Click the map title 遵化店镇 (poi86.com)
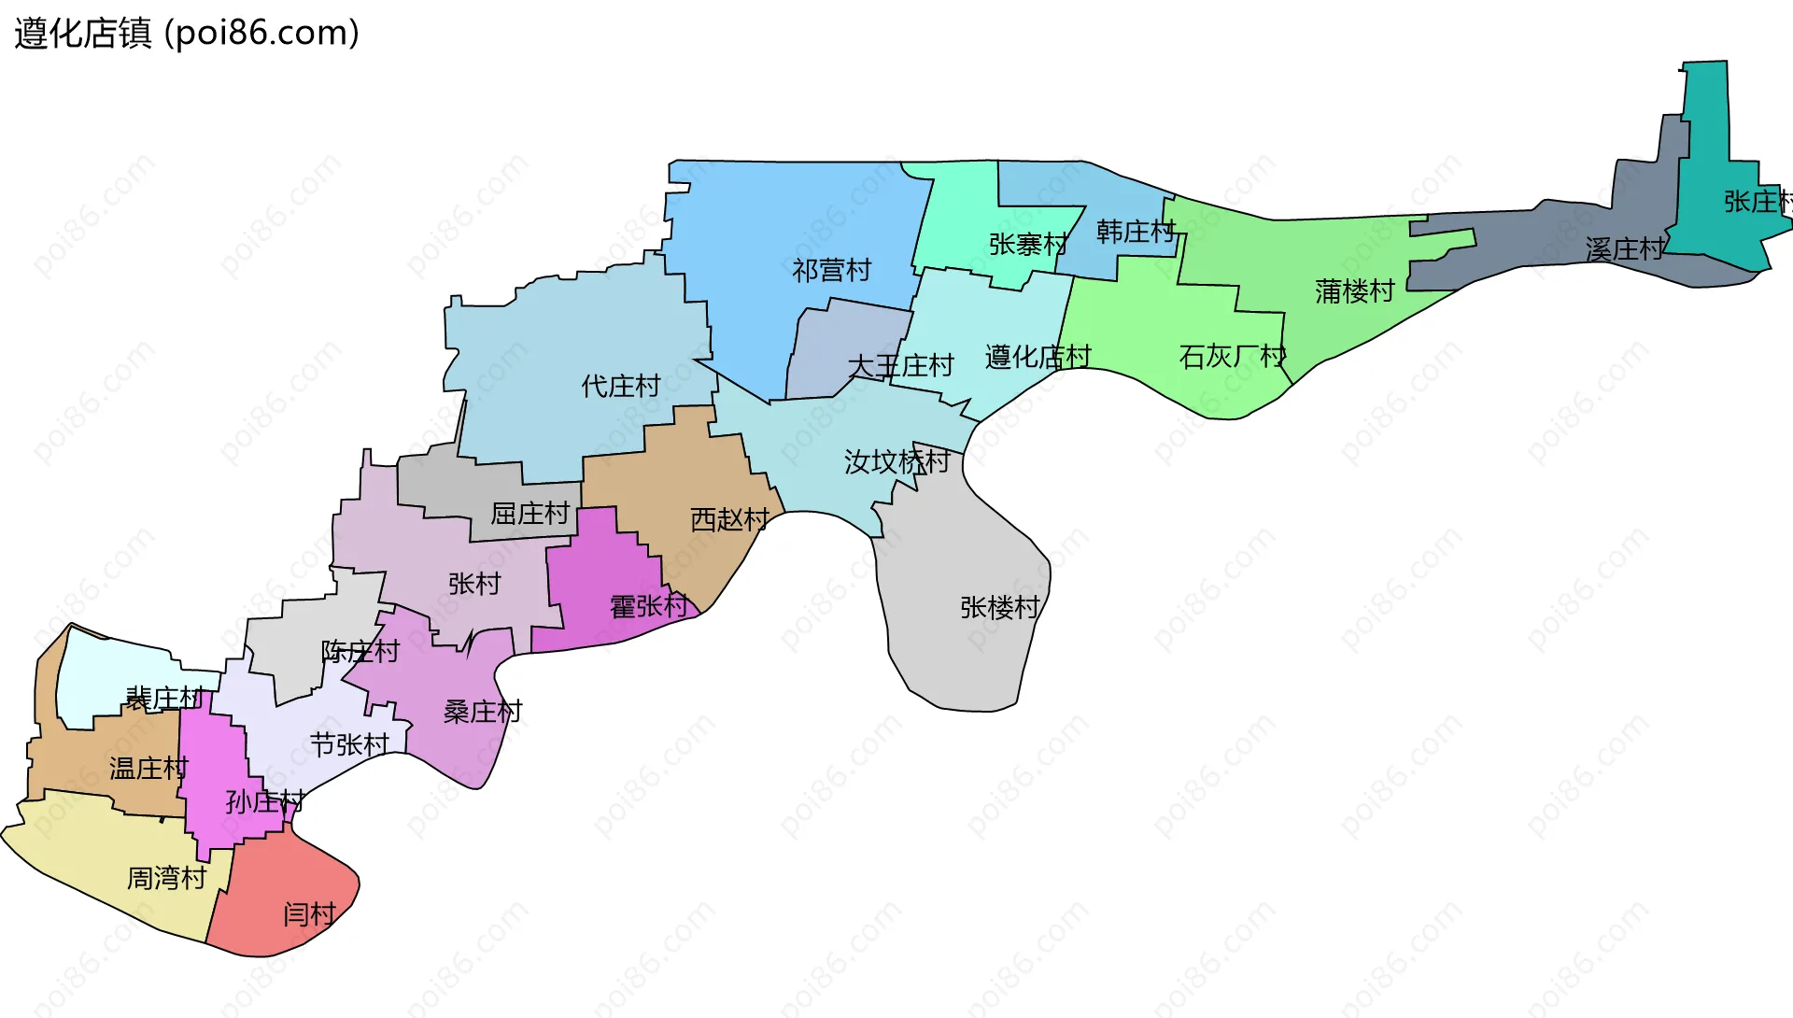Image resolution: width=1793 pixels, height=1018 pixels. point(187,34)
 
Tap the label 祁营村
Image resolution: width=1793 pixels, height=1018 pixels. point(831,271)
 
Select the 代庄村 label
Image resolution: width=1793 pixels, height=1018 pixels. point(620,386)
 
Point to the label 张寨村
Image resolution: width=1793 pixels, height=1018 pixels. point(1027,245)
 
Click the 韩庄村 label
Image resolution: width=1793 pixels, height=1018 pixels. point(1135,232)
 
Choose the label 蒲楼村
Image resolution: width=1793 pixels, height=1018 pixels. point(1354,291)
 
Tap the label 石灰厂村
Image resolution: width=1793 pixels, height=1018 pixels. point(1232,357)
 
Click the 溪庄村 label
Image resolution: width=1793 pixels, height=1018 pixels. point(1625,249)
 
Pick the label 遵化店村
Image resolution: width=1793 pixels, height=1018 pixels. point(1038,357)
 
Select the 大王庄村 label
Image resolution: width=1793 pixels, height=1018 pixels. point(900,366)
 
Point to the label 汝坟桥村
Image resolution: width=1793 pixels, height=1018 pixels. point(896,461)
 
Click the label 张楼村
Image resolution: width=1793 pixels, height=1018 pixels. point(999,608)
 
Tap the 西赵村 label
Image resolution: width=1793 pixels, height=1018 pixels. point(729,520)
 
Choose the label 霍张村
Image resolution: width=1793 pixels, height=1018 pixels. point(648,607)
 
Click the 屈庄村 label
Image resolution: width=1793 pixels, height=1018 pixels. point(529,514)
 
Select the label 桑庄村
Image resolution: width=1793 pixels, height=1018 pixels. point(482,712)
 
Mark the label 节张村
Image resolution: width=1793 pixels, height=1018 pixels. point(349,744)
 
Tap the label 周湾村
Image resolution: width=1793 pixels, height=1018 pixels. point(166,878)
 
